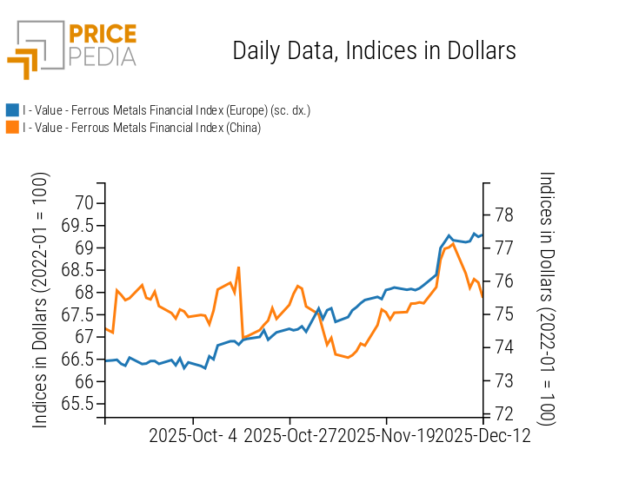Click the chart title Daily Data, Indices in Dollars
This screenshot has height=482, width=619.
pos(374,50)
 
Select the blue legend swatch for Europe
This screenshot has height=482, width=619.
pos(12,110)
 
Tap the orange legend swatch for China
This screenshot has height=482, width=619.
pos(12,128)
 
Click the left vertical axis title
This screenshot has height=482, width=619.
pos(40,300)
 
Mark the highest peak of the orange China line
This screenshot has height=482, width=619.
pos(453,244)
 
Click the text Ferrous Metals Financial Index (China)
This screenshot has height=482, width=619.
pos(165,128)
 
